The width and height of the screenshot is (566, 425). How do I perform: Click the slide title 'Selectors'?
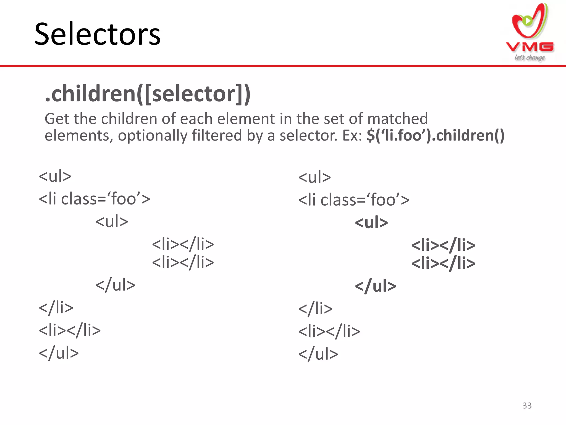tap(97, 34)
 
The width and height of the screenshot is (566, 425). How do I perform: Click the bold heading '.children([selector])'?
tap(148, 94)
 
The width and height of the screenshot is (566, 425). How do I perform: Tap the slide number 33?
tap(527, 406)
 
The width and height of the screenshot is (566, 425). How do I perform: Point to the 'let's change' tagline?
tap(529, 58)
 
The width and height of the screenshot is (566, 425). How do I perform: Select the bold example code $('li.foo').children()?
tap(436, 136)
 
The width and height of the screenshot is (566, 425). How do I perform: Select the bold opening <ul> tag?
tap(371, 222)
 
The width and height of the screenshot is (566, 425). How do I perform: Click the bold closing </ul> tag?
tap(375, 286)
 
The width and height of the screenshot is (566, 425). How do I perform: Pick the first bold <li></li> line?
tap(443, 245)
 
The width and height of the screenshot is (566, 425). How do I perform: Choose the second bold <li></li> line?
tap(443, 263)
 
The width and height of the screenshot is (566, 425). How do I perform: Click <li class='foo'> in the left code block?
tap(94, 199)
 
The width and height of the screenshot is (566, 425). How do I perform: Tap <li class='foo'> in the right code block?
tap(354, 200)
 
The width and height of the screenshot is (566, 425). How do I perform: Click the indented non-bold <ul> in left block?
tap(112, 222)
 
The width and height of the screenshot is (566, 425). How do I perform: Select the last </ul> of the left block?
tap(59, 353)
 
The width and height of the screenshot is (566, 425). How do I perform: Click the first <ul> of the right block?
tap(315, 177)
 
